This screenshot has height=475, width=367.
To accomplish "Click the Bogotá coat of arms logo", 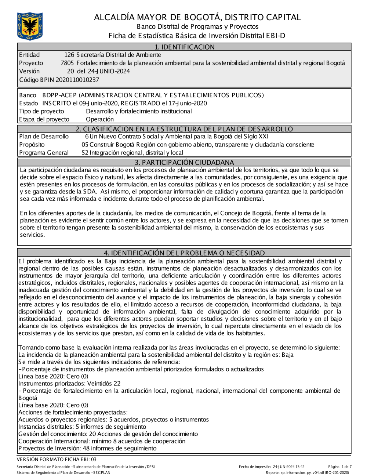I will coord(30,26).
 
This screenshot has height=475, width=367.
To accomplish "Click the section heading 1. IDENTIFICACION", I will coord(184,47).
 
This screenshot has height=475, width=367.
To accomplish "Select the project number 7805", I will coord(67,63).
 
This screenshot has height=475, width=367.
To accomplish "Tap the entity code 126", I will coord(69,55).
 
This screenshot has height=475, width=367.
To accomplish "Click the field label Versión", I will coord(29,71).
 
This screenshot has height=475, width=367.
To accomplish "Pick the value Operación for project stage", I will coord(100,119).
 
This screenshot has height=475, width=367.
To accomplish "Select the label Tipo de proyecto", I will coord(41,111).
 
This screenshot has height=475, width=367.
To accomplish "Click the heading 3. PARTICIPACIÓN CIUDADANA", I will coord(184,162).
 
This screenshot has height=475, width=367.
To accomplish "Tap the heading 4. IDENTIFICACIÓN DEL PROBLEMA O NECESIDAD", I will coord(184,253).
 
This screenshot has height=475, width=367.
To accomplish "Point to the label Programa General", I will coord(44,153).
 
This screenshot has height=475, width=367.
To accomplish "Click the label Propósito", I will coord(32,145).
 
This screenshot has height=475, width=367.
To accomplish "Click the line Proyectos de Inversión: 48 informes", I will coord(87,448).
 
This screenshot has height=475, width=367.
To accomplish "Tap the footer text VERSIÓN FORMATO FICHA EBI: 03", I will coord(57,459).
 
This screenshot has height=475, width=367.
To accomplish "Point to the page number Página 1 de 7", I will coord(340,467).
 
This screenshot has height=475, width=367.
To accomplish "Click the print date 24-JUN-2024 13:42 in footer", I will coord(288,467).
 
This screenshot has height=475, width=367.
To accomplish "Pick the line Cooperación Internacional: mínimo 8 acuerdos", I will coord(102,441).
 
